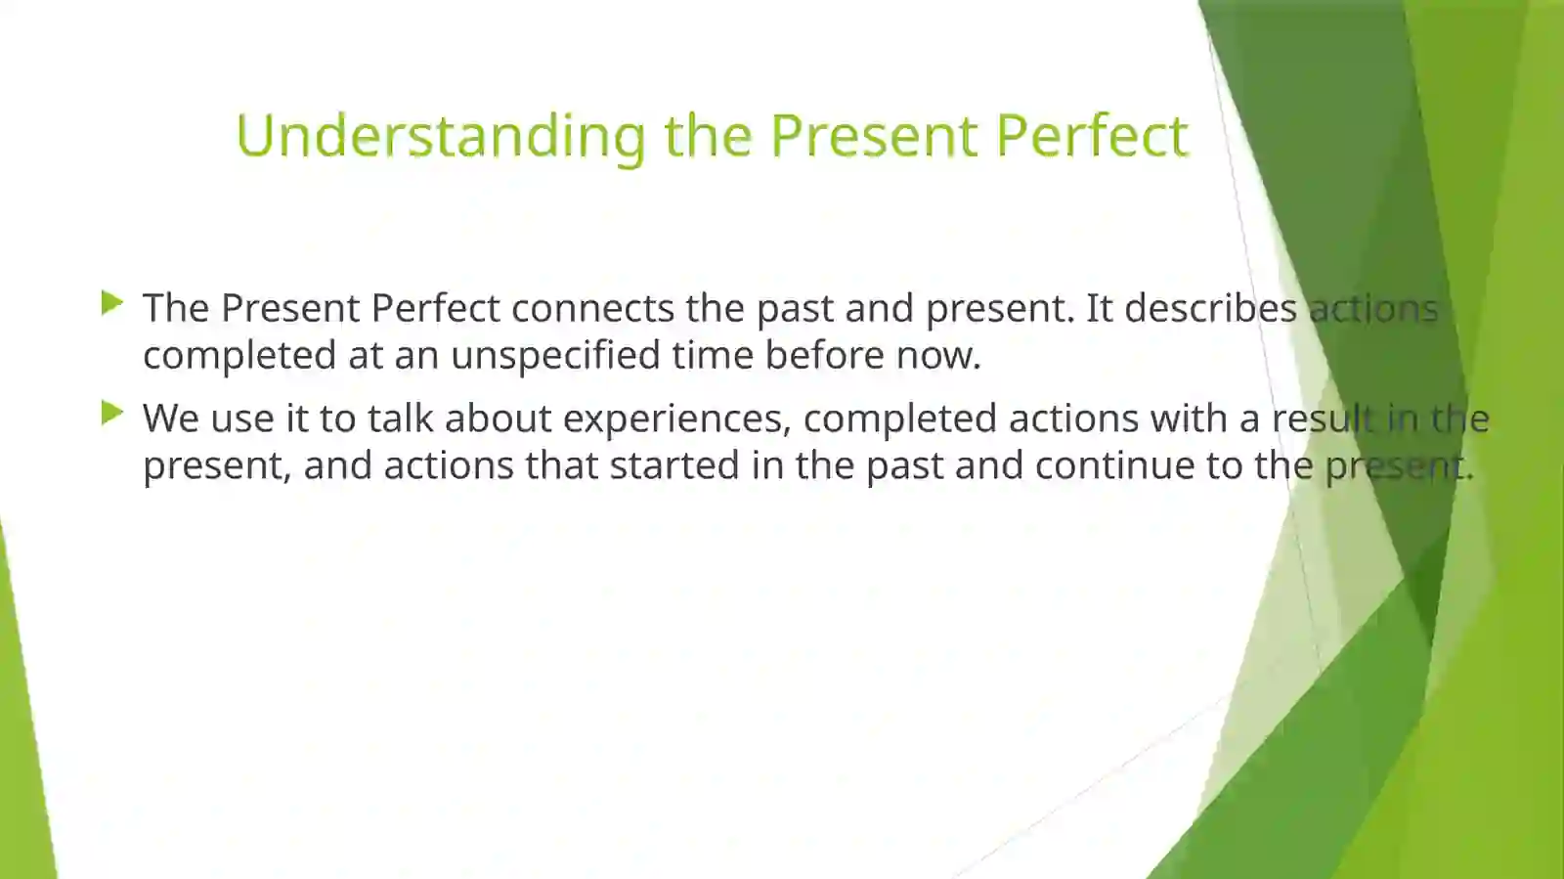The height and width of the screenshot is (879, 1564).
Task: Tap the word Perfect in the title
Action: (x=1092, y=135)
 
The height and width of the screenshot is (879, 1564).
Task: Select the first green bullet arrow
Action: (x=111, y=303)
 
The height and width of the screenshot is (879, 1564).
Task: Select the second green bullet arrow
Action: (x=111, y=414)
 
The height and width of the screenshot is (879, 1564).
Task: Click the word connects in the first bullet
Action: (x=592, y=308)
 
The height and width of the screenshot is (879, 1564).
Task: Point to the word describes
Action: (x=1210, y=308)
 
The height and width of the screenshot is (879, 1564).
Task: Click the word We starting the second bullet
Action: (x=170, y=418)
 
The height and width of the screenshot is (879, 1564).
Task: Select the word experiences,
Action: (x=676, y=418)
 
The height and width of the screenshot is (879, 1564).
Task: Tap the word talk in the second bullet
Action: (x=400, y=418)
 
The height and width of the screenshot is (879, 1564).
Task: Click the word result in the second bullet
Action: (x=1323, y=418)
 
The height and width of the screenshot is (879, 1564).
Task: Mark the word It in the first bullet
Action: (x=1099, y=308)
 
